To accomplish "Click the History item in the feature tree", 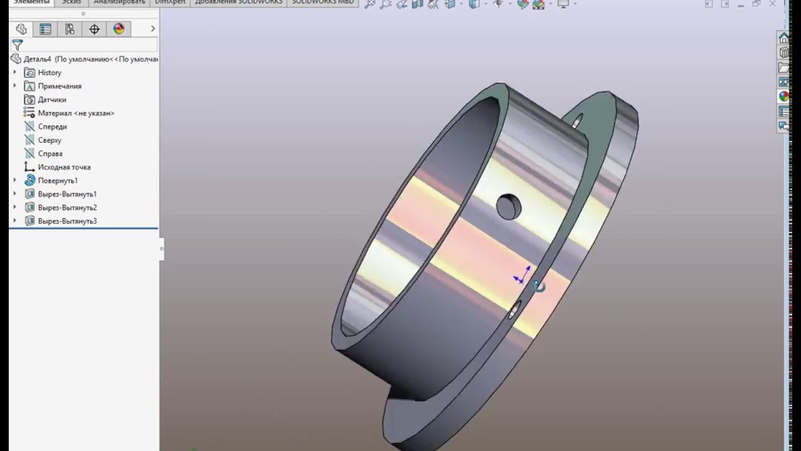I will (49, 73).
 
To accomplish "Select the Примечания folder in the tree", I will (59, 86).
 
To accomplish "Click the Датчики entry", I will (51, 100).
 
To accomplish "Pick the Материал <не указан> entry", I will (76, 113).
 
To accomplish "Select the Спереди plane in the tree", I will (52, 127).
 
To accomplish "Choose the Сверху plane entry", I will (49, 140).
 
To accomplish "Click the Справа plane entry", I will (49, 153).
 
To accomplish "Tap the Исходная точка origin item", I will (64, 167).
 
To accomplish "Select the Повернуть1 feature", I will (58, 180).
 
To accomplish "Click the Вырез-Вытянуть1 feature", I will (67, 194).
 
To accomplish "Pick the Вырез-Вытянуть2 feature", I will (67, 207).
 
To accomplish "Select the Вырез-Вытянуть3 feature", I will (67, 221).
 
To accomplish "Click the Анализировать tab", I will (119, 3).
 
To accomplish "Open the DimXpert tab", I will (171, 3).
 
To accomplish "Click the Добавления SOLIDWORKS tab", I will (238, 3).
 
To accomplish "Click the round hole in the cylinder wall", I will (508, 206).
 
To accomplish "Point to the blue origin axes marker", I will (522, 276).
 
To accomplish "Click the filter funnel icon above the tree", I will (18, 45).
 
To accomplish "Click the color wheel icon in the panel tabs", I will (119, 29).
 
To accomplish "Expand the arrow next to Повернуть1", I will (15, 180).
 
